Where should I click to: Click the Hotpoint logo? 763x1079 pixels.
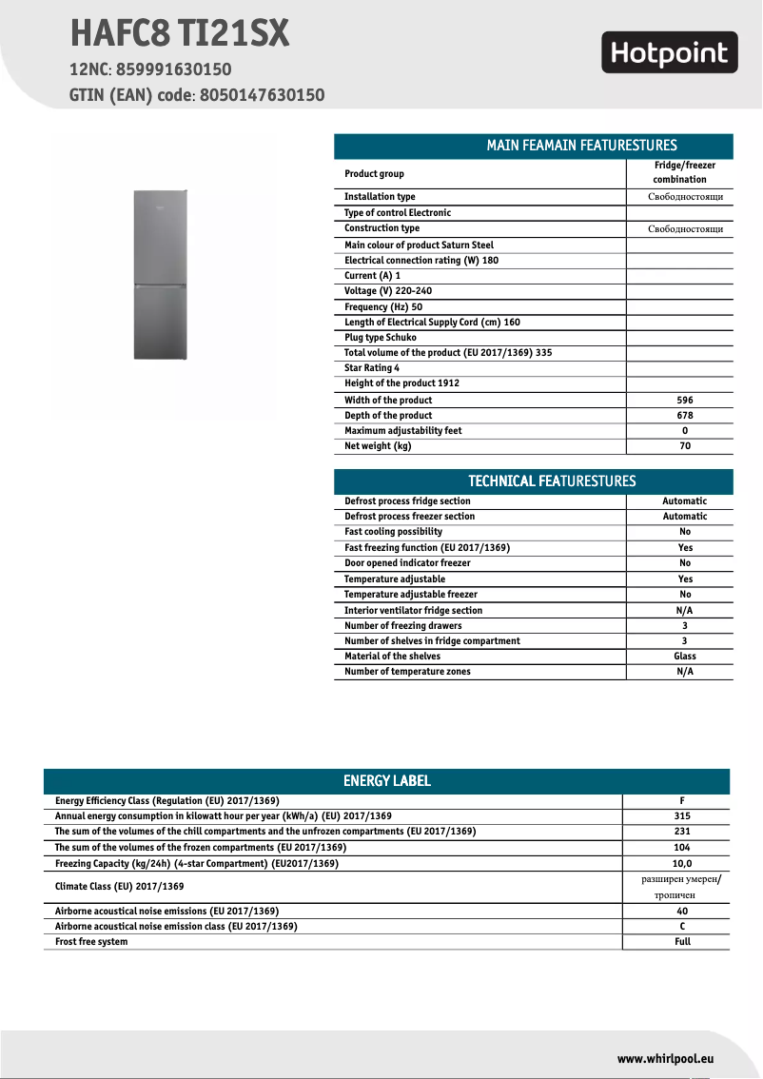click(670, 53)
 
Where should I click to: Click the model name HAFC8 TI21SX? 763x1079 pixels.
click(179, 34)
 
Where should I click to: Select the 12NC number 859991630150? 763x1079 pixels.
click(174, 69)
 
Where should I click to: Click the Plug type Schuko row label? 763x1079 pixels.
click(381, 338)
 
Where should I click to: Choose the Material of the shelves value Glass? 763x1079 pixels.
click(684, 657)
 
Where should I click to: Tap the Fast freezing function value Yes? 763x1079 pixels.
click(684, 548)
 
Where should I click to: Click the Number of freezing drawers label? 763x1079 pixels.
click(403, 626)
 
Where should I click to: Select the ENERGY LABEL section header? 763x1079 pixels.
click(386, 781)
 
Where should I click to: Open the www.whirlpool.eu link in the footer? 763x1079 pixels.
click(665, 1058)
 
